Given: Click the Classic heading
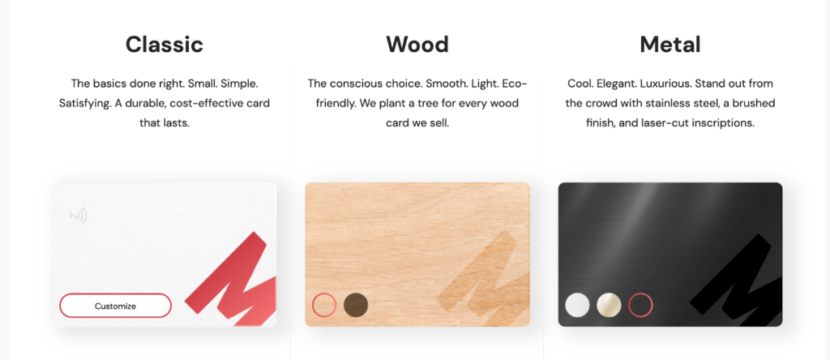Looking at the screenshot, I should (x=164, y=44).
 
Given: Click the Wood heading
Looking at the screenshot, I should (x=417, y=44).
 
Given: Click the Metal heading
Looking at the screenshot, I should (x=670, y=44).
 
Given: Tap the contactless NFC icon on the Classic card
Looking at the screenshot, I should (x=78, y=216).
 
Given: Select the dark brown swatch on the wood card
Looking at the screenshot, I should (x=356, y=305).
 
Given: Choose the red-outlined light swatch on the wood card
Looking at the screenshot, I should (x=324, y=305).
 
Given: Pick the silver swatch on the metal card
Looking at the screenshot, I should (x=577, y=305).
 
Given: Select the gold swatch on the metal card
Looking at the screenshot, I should (x=609, y=305).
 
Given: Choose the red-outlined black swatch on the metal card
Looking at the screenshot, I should (x=640, y=305).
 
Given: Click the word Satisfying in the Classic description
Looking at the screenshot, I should (x=85, y=103).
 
